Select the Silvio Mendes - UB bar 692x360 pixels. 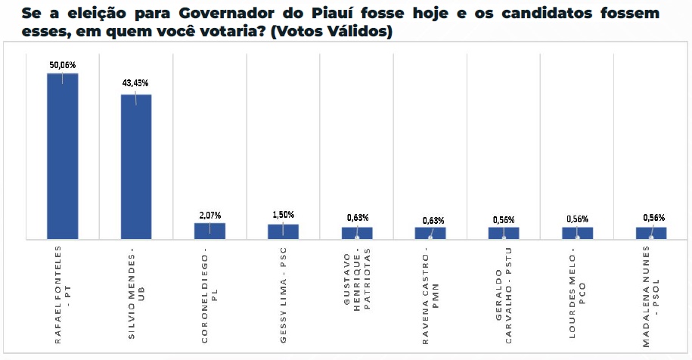coord(136,167)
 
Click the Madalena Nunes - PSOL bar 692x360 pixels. coord(651,233)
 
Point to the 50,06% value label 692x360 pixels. coord(62,65)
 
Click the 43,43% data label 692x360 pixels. coord(136,82)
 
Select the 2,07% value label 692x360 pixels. coord(209,216)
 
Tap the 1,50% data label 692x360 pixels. coord(284,215)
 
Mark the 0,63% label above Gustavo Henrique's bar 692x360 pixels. coord(357,218)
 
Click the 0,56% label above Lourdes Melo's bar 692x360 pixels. coord(578,219)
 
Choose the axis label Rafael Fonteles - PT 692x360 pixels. coord(62,295)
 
